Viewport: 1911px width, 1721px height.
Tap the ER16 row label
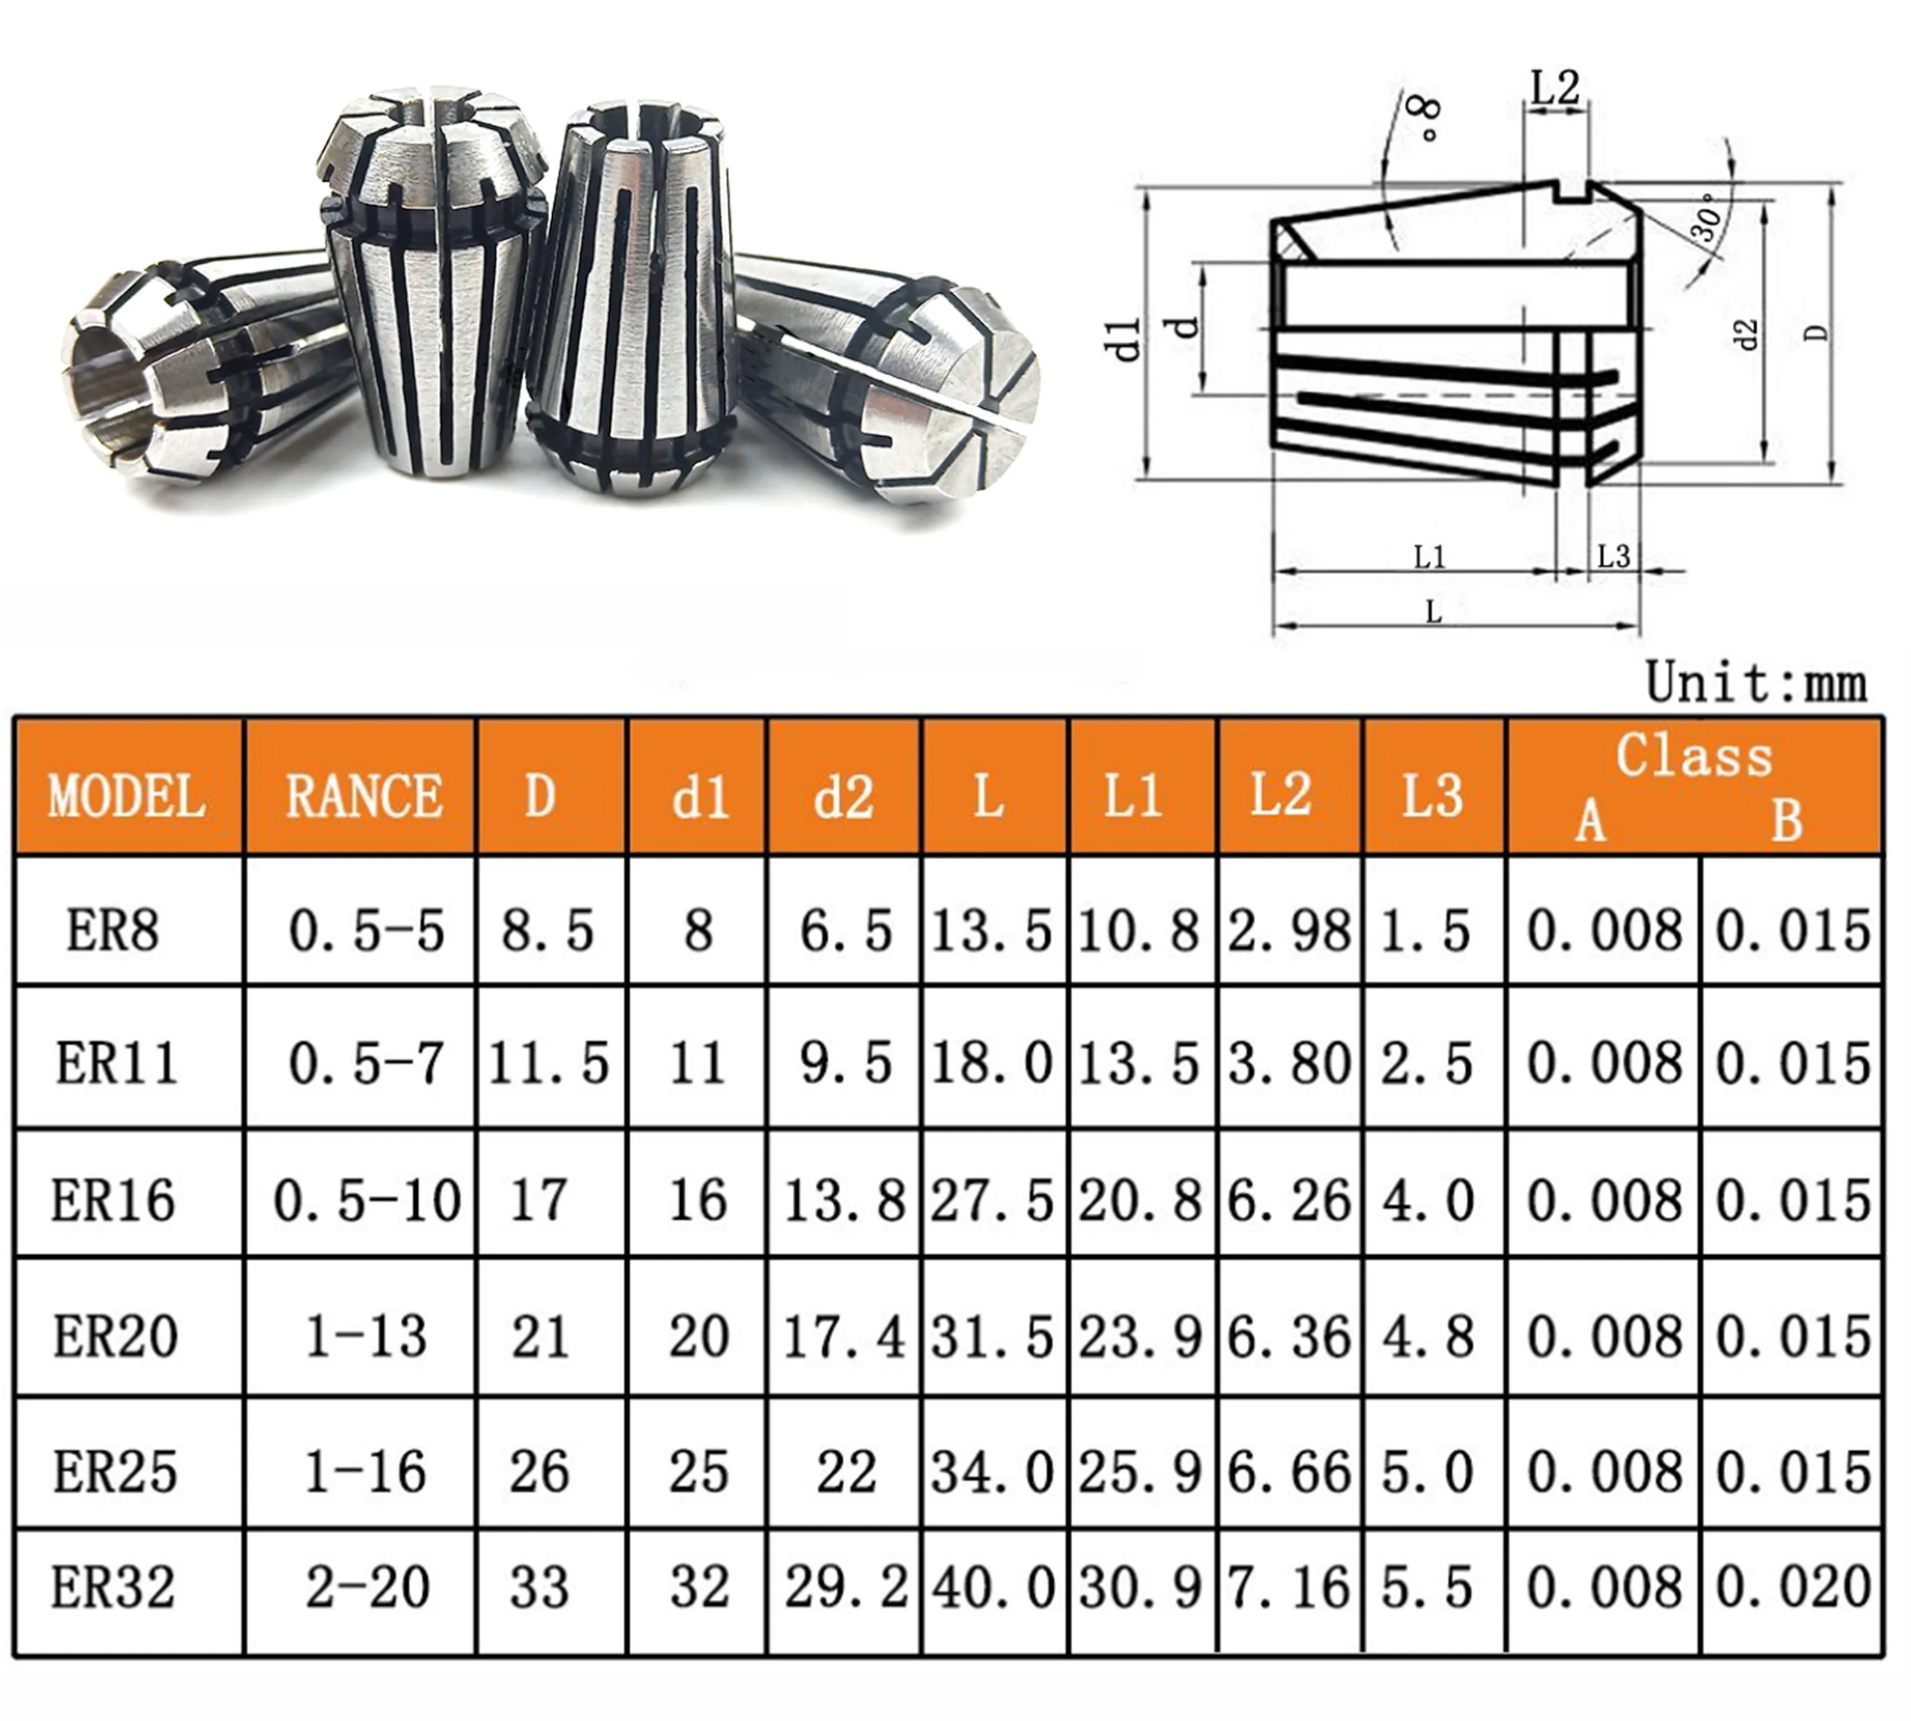(113, 1200)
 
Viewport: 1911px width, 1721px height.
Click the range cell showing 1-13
(366, 1336)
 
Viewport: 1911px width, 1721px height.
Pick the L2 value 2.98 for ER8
(1290, 932)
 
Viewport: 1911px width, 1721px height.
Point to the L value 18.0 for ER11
(992, 1064)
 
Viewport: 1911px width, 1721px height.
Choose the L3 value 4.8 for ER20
(1428, 1336)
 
